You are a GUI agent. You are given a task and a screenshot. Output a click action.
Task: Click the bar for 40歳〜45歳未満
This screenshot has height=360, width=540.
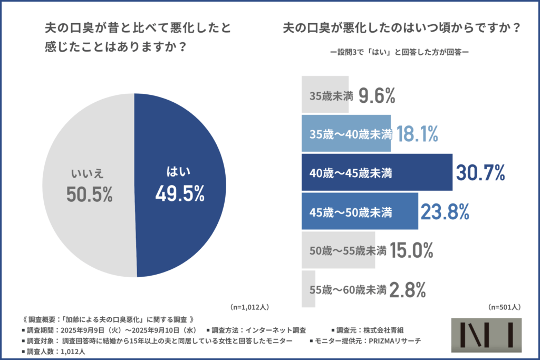(x=377, y=172)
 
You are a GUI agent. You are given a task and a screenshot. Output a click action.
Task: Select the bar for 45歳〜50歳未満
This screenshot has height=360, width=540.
(x=360, y=211)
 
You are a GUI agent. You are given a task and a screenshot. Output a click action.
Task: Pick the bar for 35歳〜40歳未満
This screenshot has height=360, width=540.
(x=346, y=134)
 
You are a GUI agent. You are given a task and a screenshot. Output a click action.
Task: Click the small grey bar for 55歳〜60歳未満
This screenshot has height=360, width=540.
(x=308, y=289)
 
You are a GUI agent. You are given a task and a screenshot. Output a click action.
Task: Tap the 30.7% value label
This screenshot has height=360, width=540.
(x=480, y=172)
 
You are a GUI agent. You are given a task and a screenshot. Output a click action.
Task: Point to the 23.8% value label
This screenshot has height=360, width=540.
(x=445, y=211)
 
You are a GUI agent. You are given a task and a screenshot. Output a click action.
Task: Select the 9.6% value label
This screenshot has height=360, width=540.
(x=377, y=95)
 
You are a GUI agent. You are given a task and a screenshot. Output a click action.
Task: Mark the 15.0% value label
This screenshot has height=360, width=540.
(x=411, y=250)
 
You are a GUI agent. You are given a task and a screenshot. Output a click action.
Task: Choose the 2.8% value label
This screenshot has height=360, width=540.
(x=407, y=289)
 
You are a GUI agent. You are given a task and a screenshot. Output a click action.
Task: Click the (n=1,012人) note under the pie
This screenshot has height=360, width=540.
(x=249, y=307)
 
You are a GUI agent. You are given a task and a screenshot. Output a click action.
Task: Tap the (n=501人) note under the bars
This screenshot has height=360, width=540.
(x=505, y=307)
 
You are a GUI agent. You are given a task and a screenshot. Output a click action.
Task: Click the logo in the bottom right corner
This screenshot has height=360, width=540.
(x=487, y=335)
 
